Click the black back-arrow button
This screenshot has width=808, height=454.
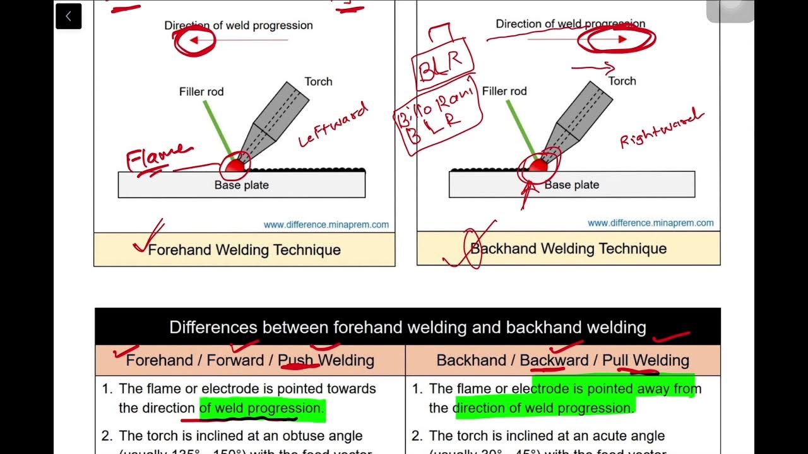pyautogui.click(x=68, y=16)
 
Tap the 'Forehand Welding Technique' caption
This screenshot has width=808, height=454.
pyautogui.click(x=244, y=250)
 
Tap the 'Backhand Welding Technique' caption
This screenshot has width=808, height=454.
pyautogui.click(x=568, y=248)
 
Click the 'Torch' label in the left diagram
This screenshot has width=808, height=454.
pyautogui.click(x=318, y=81)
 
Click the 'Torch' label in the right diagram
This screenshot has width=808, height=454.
pyautogui.click(x=622, y=81)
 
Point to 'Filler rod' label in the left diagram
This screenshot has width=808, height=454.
pyautogui.click(x=201, y=91)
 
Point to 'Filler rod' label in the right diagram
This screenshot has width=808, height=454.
pyautogui.click(x=504, y=91)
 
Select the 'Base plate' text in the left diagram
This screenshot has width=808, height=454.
pyautogui.click(x=242, y=185)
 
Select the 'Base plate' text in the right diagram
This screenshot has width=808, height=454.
pyautogui.click(x=572, y=185)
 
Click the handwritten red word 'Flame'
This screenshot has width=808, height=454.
pyautogui.click(x=158, y=158)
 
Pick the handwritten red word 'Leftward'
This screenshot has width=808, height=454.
pyautogui.click(x=333, y=127)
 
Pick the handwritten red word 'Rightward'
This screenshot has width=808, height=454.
pyautogui.click(x=661, y=128)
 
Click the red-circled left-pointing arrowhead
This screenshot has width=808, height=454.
pyautogui.click(x=194, y=40)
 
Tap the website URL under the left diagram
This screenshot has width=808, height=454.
pyautogui.click(x=326, y=224)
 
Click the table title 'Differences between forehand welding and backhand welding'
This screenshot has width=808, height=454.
pyautogui.click(x=407, y=327)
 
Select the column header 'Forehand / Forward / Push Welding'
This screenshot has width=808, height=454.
pyautogui.click(x=250, y=360)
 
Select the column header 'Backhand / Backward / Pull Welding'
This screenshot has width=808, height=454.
pyautogui.click(x=562, y=360)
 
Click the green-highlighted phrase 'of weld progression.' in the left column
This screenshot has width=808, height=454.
pyautogui.click(x=262, y=408)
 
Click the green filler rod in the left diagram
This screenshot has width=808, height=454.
pyautogui.click(x=217, y=129)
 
